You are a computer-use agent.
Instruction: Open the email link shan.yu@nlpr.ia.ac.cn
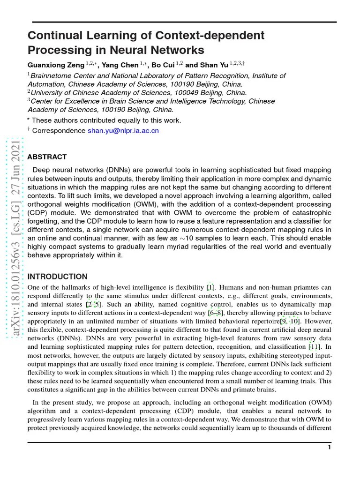[x=123, y=131]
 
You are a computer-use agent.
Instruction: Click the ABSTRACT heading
[x=47, y=157]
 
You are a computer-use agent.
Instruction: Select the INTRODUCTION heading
[x=58, y=277]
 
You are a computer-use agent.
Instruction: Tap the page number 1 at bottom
[x=330, y=448]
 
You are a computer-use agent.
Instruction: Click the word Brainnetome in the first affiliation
[x=51, y=75]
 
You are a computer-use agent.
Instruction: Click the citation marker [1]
[x=211, y=287]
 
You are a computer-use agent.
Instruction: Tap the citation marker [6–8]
[x=216, y=313]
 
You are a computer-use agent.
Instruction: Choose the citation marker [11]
[x=314, y=347]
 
